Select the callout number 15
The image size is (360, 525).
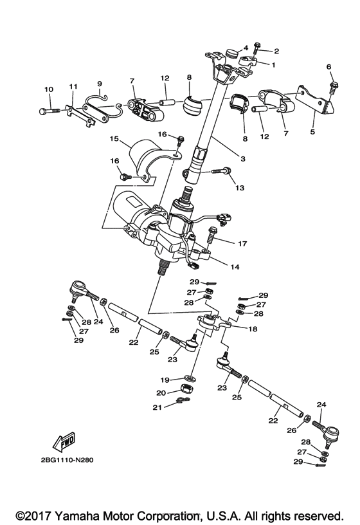click(114, 138)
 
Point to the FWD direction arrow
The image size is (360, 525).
click(59, 443)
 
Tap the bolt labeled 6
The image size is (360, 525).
click(332, 86)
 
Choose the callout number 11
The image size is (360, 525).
click(73, 86)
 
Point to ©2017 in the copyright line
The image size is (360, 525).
click(35, 515)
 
